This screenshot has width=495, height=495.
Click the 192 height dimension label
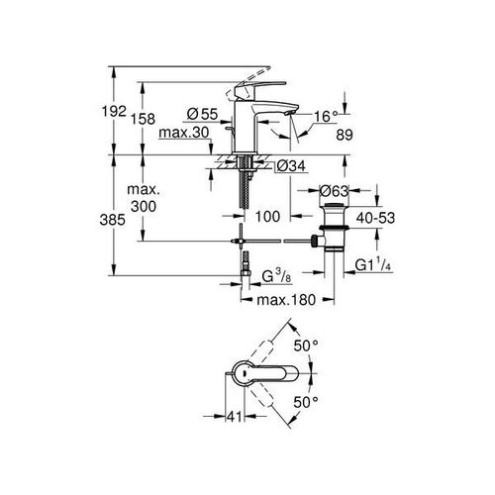coord(114,111)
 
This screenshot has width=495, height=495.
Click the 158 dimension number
coord(143,119)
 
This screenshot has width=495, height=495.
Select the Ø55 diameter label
coord(202,114)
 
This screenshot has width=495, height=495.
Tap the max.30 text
coord(184,133)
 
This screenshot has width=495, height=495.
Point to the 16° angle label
coord(326,116)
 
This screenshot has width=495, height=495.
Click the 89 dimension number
coord(345,135)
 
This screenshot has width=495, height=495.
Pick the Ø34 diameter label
coord(291,166)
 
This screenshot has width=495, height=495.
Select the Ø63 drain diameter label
coord(335,191)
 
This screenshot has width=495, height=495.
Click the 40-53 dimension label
coord(375,218)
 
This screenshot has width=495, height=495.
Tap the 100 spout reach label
coord(267,217)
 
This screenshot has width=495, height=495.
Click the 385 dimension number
coord(113,220)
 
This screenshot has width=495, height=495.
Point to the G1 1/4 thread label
coord(373,265)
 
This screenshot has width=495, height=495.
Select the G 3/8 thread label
coord(276,276)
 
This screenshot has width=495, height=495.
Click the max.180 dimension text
coord(286,300)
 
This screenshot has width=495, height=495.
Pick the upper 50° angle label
coord(306,346)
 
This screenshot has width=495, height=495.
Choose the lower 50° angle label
coord(306,402)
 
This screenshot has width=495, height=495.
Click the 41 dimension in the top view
coord(235,417)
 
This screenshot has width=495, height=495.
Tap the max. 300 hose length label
coord(144,198)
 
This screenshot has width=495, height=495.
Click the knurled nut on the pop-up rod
coord(315,241)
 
